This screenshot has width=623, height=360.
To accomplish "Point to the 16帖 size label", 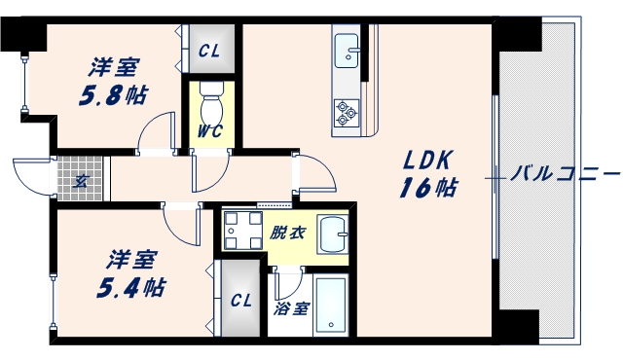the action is point(426,188).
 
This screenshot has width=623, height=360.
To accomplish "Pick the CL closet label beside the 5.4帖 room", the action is point(241,301).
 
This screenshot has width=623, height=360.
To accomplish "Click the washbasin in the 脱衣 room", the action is point(336,234).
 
